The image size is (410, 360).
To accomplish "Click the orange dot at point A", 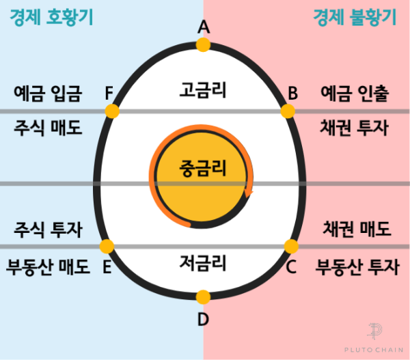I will coord(203,45).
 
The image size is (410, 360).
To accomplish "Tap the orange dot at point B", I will coord(288,111).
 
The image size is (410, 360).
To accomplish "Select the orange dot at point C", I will coord(291,246).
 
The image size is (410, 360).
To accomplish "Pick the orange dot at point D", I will coord(203,296).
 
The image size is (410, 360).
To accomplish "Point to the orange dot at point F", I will coord(112,111).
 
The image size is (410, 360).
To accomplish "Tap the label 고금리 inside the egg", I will coord(203,89).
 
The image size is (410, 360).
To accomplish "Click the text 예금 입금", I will coord(47,93).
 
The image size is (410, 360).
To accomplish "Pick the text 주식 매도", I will coord(47,128).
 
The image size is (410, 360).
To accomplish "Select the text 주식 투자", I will coord(47,230).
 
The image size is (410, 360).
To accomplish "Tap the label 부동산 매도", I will coord(47,266).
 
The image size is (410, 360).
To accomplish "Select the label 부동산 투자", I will coord(357,266).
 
